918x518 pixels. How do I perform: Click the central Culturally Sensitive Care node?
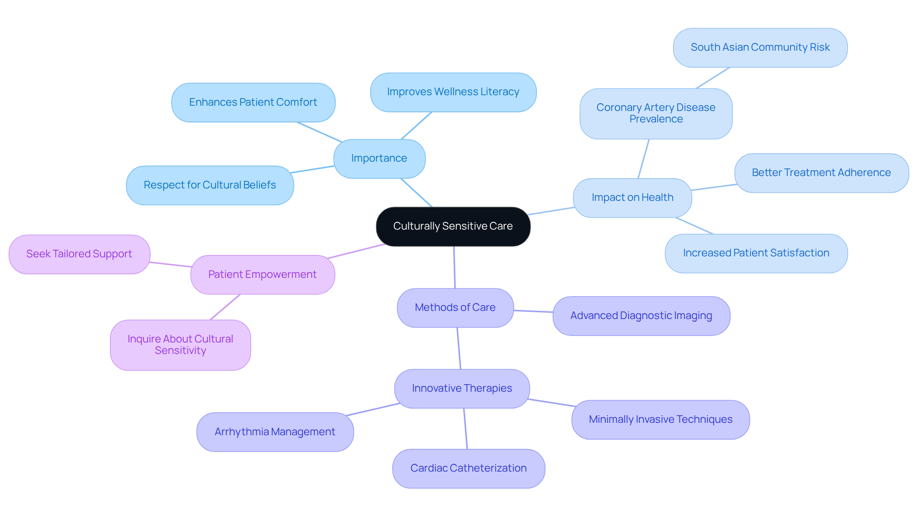453,226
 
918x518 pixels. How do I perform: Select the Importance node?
379,158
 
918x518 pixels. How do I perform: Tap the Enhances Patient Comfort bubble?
253,102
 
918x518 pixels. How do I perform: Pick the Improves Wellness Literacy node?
453,92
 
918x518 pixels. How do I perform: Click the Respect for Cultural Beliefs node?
209,185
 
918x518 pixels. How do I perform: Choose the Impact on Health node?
632,198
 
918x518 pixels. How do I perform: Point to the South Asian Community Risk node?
760,47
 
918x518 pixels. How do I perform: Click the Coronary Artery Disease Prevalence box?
656,113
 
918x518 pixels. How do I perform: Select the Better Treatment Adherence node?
821,173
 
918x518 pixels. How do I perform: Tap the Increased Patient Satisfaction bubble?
756,253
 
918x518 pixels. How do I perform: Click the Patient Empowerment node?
262,275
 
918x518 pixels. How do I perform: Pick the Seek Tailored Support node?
79,254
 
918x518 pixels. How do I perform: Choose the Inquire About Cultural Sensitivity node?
180,345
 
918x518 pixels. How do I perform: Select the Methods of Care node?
455,308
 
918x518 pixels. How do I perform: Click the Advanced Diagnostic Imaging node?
641,316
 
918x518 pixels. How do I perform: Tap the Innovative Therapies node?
461,388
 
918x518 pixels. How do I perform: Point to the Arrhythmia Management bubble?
274,432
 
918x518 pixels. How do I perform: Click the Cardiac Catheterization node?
468,468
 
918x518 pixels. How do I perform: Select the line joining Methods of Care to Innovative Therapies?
459,348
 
